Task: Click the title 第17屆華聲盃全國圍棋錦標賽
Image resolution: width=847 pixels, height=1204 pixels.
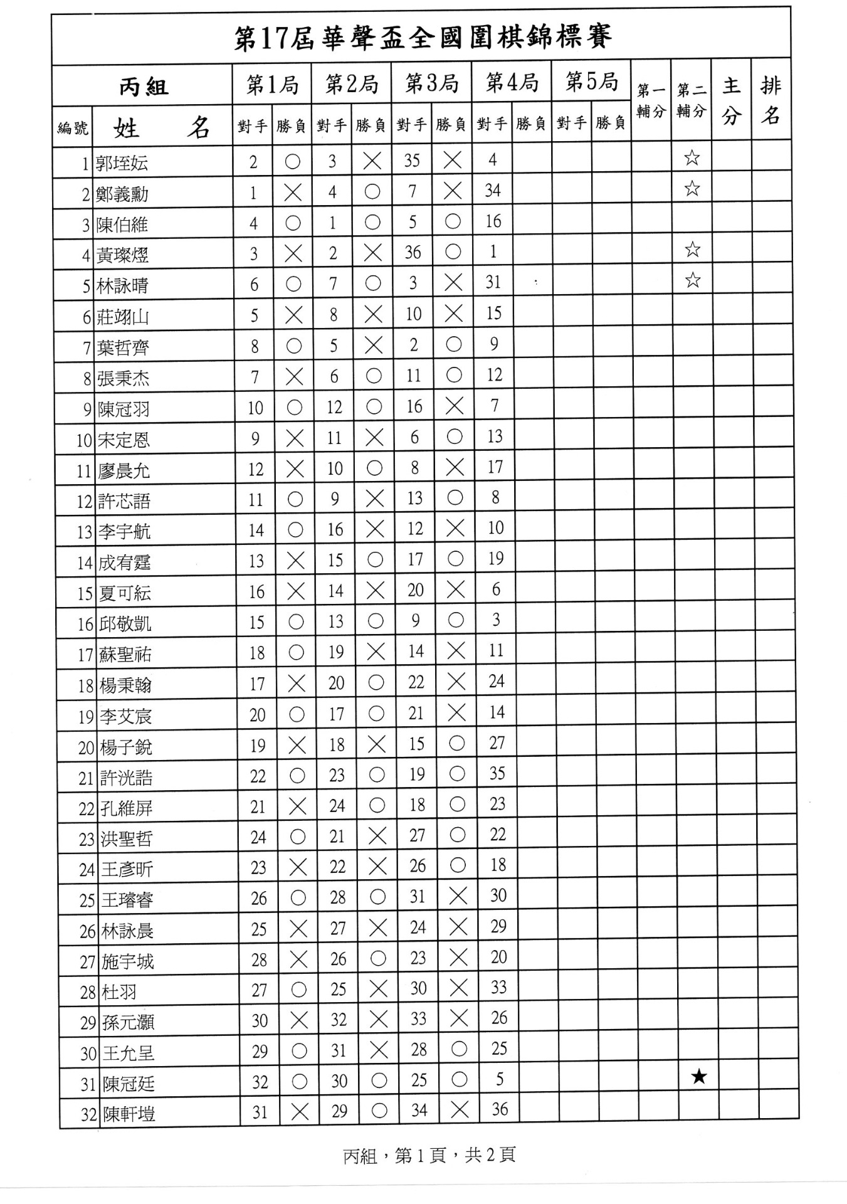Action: tap(423, 38)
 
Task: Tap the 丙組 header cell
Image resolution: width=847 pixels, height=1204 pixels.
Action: tap(144, 87)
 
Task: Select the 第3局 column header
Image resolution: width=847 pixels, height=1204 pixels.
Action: tap(431, 83)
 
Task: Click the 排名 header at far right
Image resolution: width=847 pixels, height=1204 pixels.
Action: tap(771, 100)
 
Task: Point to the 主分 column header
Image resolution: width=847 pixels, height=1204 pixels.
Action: tap(731, 100)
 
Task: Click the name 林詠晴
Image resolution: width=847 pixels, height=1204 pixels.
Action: tap(122, 286)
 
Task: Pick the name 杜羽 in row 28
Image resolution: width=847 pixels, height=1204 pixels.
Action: tap(118, 992)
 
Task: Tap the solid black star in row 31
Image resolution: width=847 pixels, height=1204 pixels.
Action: tap(699, 1077)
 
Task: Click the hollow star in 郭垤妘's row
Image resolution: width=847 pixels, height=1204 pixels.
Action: tap(692, 157)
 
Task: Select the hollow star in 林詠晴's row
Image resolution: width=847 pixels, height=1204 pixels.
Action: tap(692, 280)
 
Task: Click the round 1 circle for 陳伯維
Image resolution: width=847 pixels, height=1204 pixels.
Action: tap(293, 223)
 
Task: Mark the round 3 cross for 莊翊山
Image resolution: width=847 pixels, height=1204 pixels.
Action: tap(453, 314)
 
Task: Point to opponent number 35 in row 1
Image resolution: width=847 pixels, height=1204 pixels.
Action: tap(412, 161)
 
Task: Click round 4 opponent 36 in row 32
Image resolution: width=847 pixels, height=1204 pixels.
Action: tap(500, 1109)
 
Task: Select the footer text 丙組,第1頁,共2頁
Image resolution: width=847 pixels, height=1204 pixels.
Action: tap(429, 1155)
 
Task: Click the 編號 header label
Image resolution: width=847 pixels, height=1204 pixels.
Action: tap(73, 129)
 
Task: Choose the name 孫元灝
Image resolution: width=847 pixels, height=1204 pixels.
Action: tap(128, 1023)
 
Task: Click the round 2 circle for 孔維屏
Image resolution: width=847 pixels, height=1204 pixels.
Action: tap(377, 805)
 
